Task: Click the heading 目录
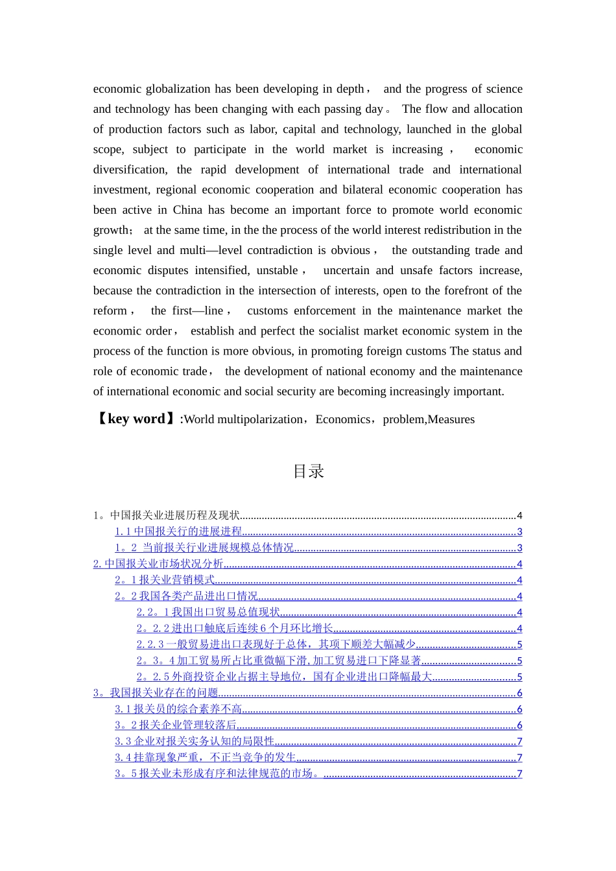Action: point(308,472)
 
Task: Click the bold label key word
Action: point(136,419)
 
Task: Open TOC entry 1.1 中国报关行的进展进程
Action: point(178,531)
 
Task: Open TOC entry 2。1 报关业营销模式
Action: point(165,580)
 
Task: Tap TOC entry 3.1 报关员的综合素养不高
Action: point(178,709)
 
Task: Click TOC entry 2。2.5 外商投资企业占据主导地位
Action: point(284,677)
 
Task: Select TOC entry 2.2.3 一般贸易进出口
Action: point(276,644)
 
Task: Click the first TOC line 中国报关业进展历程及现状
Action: point(167,515)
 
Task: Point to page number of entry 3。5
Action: point(519,774)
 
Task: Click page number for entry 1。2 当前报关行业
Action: point(519,548)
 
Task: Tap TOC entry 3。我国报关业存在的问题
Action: point(156,693)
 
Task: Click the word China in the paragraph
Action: point(187,210)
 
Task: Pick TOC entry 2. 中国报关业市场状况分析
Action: point(158,564)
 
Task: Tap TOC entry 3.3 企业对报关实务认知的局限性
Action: point(195,741)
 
